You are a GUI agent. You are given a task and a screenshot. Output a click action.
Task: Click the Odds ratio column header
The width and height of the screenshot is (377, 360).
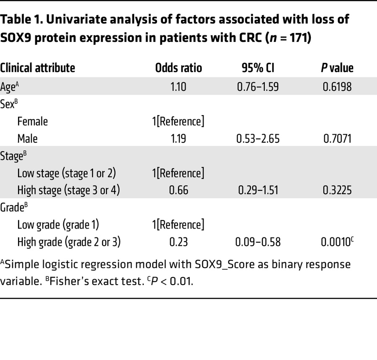coord(178,68)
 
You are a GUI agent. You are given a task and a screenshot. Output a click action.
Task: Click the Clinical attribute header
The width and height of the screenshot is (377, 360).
coord(38,68)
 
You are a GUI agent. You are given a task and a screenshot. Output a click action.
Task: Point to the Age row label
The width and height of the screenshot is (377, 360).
coord(10,87)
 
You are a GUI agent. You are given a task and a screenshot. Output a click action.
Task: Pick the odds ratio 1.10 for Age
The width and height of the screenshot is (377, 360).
coord(178,87)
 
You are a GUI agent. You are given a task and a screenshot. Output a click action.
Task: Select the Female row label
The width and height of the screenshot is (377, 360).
coord(33,122)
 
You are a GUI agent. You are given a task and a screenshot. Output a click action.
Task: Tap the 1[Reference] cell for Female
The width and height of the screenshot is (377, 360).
coord(178,122)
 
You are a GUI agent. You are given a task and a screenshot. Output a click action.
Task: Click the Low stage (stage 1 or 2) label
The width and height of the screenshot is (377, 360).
coord(67,173)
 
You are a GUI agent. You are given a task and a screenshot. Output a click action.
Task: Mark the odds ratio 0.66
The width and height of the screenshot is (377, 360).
coord(178,190)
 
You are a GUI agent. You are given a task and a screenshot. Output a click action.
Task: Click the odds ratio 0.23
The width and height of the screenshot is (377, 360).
coord(178,242)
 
